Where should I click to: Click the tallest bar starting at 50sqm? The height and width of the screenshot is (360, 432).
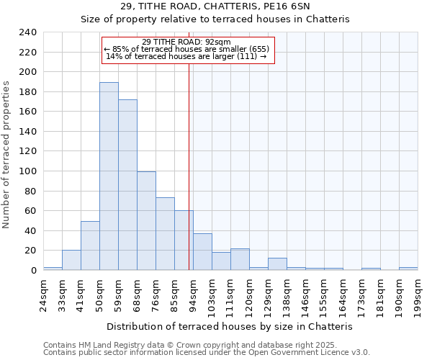pos(109,176)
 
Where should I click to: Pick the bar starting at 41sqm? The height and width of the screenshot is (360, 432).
pos(90,246)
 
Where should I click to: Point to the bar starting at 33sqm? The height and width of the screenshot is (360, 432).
pos(71,260)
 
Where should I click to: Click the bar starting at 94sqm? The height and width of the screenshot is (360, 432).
pos(202,252)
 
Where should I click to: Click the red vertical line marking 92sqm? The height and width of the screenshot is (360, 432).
pos(189,158)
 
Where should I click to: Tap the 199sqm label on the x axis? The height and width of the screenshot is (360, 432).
pos(418,294)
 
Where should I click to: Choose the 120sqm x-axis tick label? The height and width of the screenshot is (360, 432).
pos(250,294)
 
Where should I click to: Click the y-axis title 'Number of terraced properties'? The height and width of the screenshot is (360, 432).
pos(6,154)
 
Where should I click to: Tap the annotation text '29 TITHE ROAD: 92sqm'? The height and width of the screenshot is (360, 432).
pos(186,42)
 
